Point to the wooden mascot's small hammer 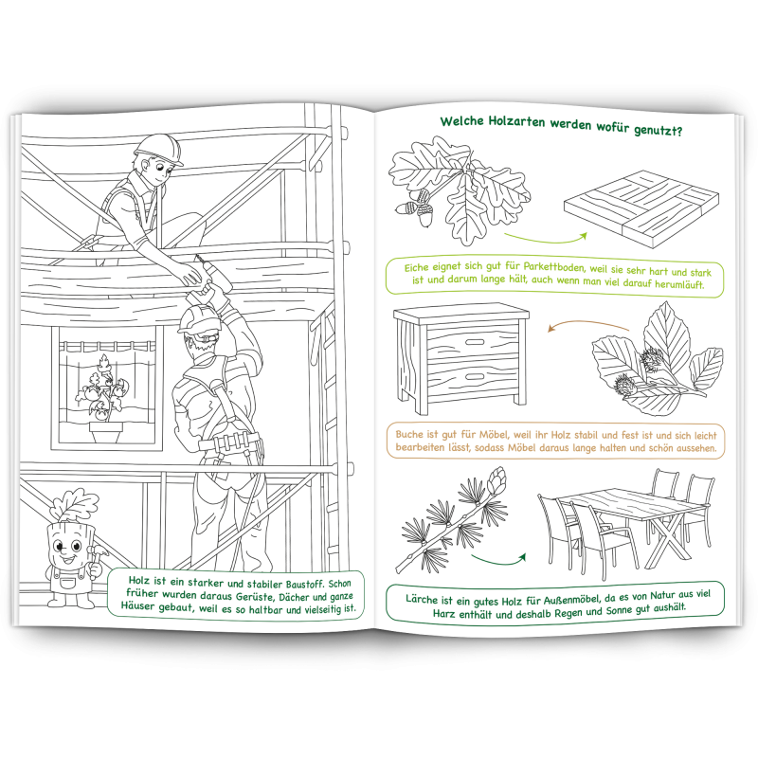click(98, 552)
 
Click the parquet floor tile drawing click(641, 207)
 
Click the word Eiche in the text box click(416, 266)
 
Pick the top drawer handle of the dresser click(475, 342)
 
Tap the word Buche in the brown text click(409, 434)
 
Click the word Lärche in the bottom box click(423, 599)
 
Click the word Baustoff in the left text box click(303, 583)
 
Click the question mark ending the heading click(678, 131)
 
